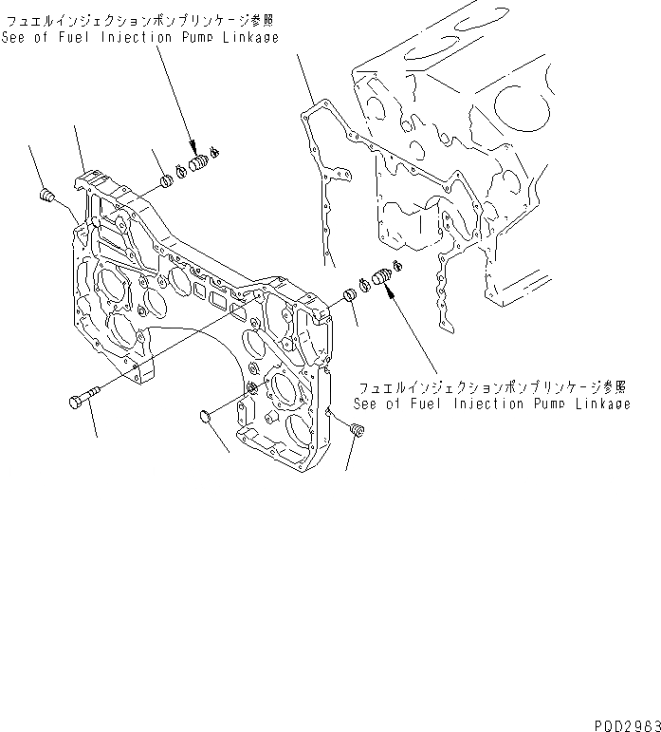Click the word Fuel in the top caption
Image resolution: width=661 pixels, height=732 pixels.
click(78, 37)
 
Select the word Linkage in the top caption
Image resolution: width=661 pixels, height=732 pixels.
click(248, 37)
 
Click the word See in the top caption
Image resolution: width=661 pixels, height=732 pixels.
click(17, 37)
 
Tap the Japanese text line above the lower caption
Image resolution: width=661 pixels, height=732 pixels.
click(491, 387)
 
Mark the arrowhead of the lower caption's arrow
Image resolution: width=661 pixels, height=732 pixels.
click(388, 290)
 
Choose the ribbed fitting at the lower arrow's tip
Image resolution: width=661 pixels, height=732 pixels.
click(380, 278)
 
